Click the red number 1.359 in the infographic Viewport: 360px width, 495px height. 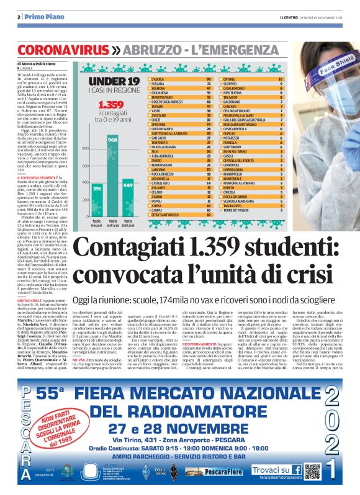coord(111,105)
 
